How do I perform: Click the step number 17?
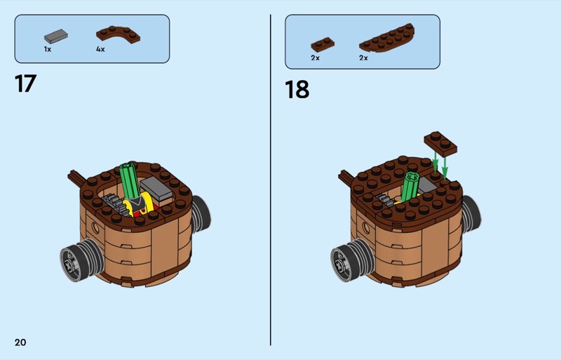point(25,84)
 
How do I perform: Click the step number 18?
point(297,89)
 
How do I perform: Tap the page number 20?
point(20,342)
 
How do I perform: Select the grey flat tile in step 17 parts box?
point(56,36)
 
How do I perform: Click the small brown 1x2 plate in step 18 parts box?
point(323,44)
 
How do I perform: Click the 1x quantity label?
point(48,49)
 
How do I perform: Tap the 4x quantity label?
point(100,49)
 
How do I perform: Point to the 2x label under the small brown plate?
point(315,58)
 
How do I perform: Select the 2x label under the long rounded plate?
point(363,58)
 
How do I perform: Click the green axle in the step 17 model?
point(130,180)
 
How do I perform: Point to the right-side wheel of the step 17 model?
point(201,214)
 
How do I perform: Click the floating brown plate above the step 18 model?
point(440,143)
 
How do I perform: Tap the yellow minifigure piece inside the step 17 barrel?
point(137,205)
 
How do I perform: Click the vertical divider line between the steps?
point(271,180)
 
